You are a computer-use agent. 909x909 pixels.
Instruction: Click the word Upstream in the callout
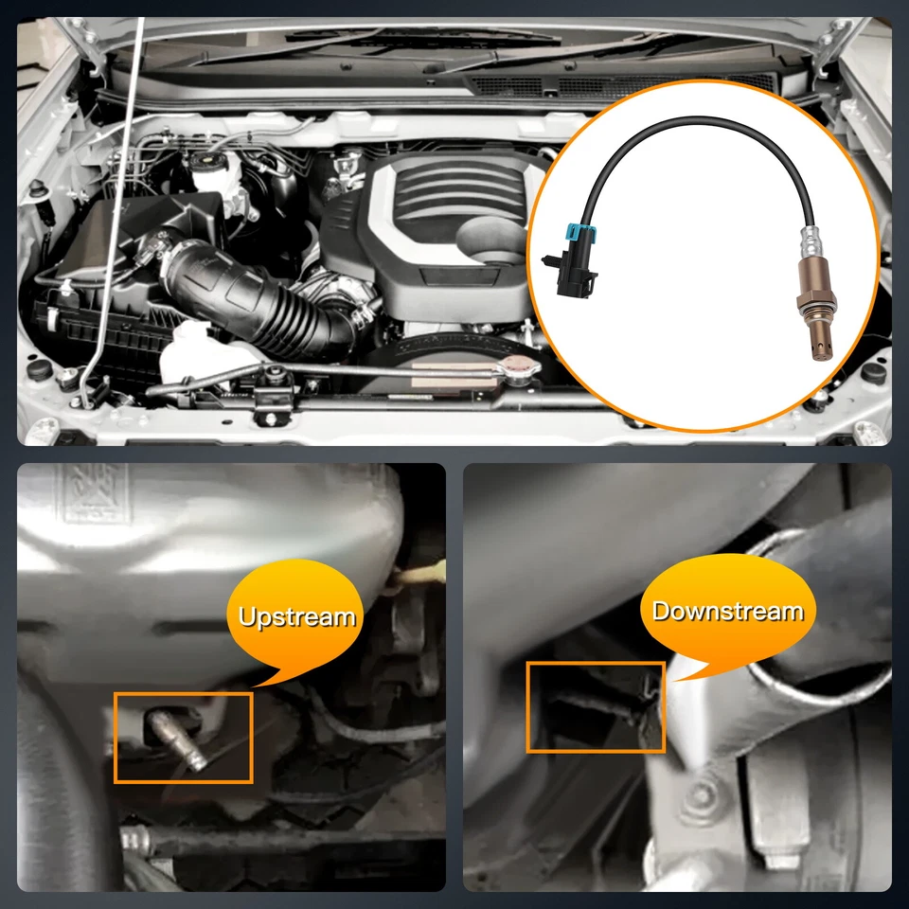296,617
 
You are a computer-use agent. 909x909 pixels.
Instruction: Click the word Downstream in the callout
727,611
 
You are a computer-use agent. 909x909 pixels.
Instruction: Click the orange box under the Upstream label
184,738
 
